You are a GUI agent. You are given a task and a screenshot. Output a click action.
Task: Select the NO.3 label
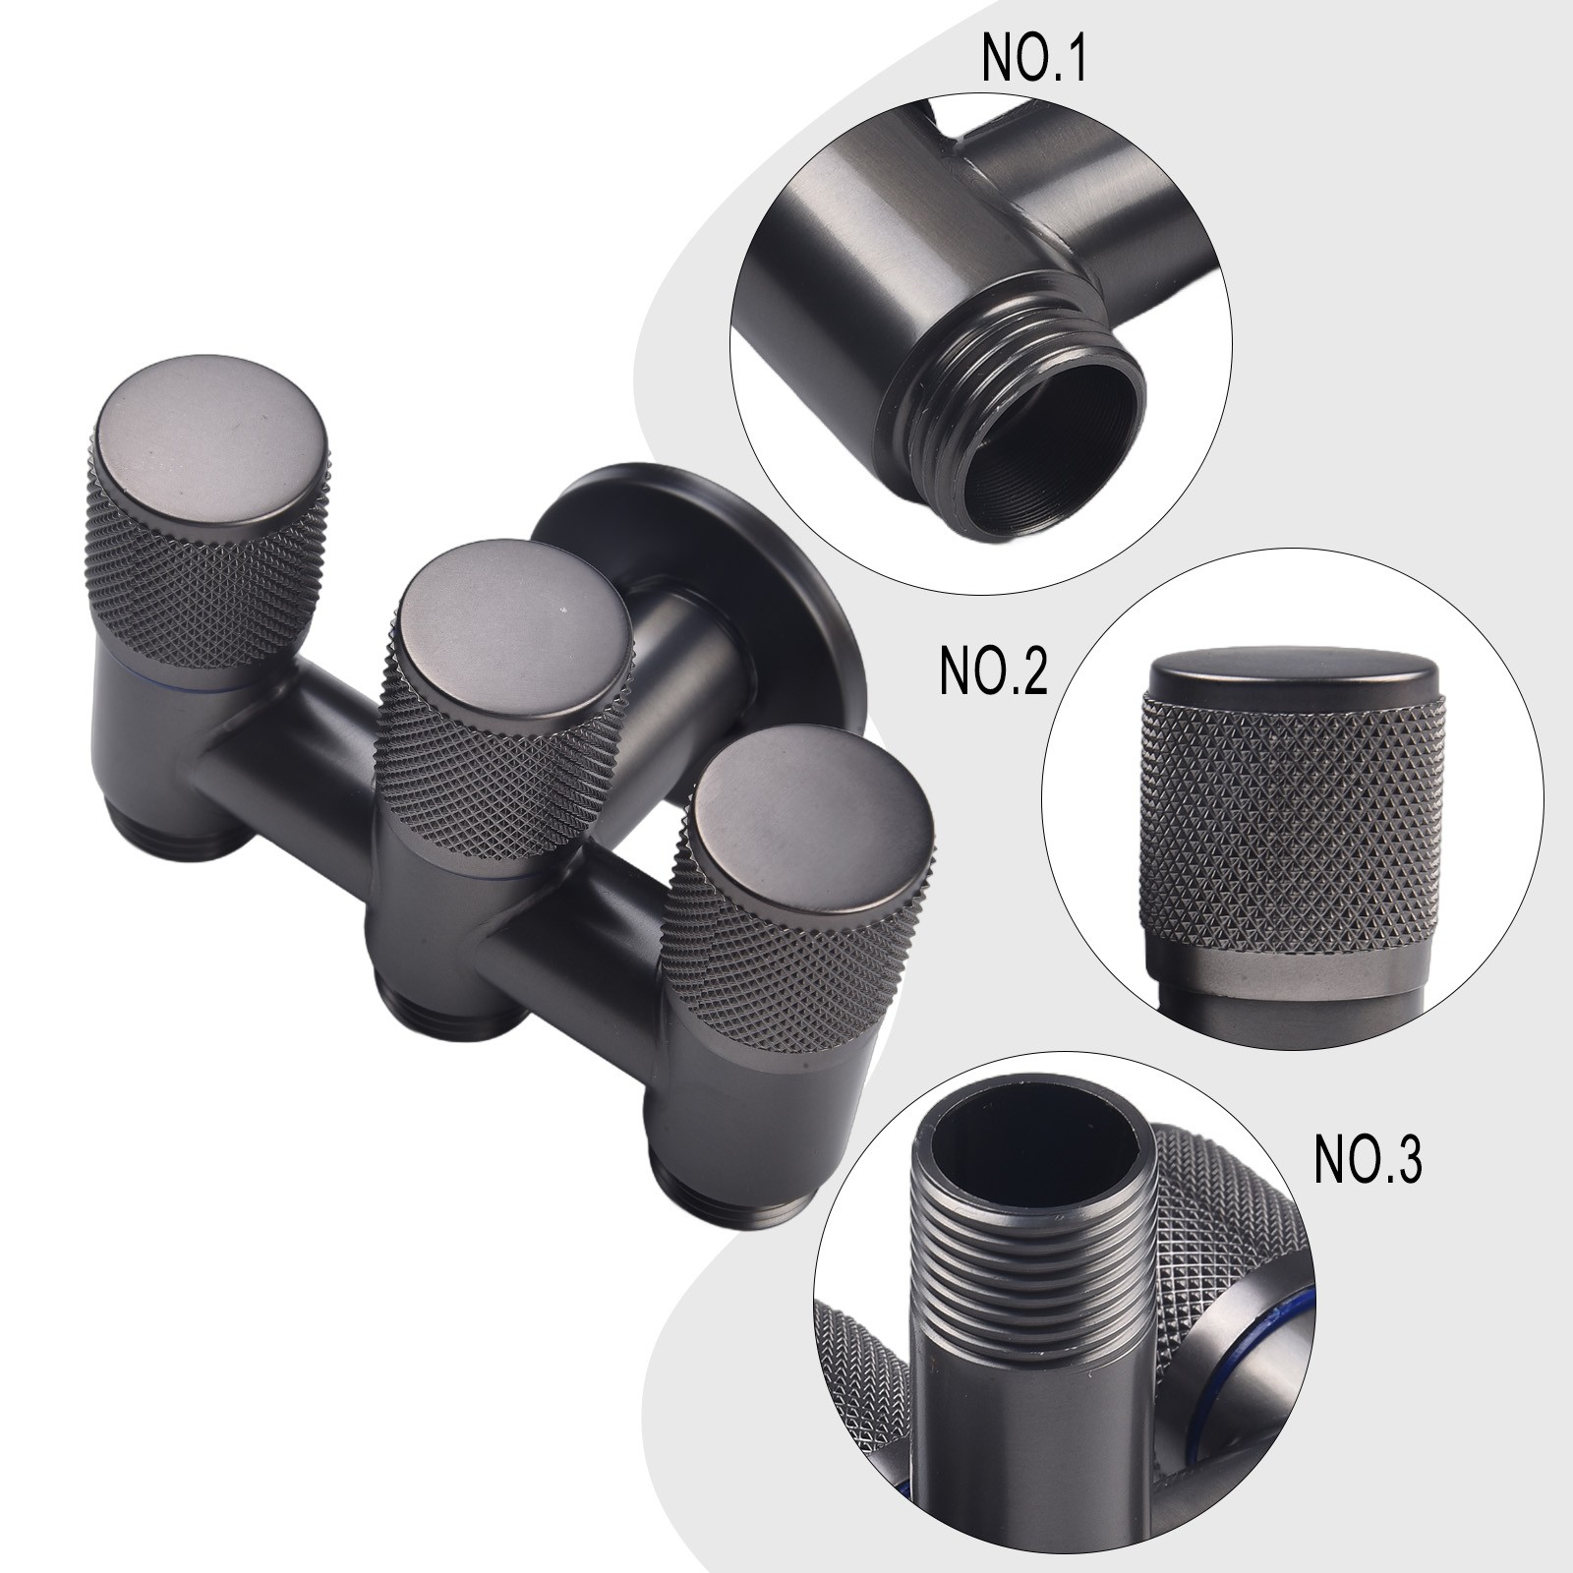coord(1368,1160)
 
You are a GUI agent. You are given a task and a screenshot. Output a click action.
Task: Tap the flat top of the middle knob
coord(511,630)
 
